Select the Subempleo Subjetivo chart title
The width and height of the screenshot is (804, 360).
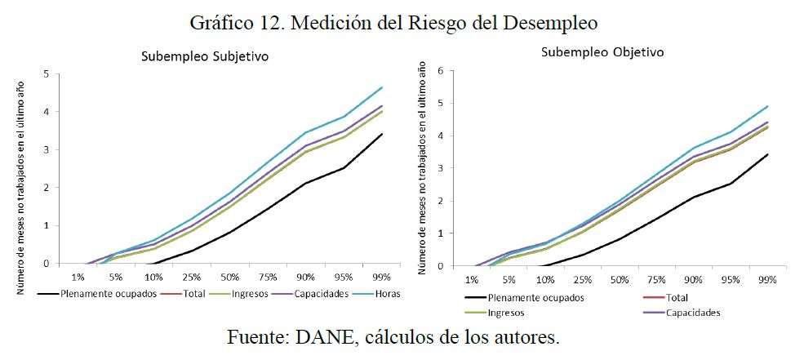pyautogui.click(x=205, y=57)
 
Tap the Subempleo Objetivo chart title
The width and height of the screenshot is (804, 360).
pyautogui.click(x=602, y=51)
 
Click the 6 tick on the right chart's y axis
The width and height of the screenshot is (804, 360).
pyautogui.click(x=441, y=70)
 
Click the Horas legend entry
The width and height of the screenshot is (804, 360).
pyautogui.click(x=384, y=294)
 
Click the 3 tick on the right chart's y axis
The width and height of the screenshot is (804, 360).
pyautogui.click(x=441, y=168)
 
